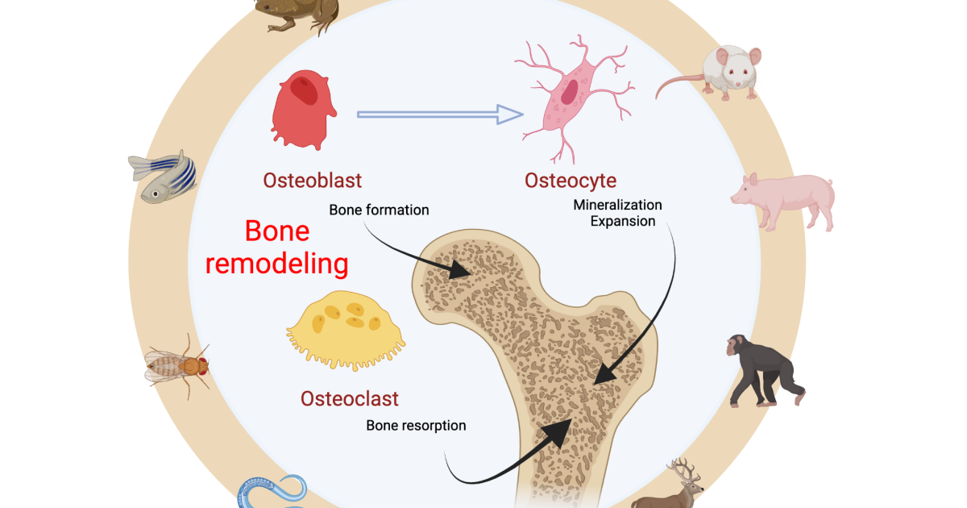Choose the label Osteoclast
pos(350,398)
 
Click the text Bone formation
pos(379,210)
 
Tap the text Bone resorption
pos(416,425)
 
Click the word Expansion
pos(622,220)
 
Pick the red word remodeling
pos(277,263)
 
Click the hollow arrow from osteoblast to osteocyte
pos(440,115)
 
